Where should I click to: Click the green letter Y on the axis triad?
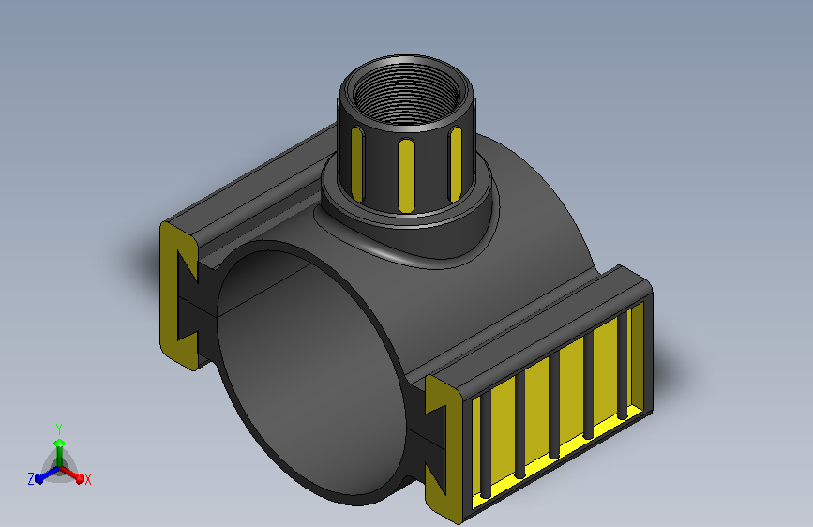pos(59,429)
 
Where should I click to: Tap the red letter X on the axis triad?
pos(87,480)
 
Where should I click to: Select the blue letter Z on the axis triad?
pos(31,479)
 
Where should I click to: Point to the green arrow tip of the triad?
pos(60,444)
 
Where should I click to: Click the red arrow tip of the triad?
pos(80,479)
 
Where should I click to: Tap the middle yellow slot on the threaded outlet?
pos(406,175)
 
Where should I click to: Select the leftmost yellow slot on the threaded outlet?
pos(357,164)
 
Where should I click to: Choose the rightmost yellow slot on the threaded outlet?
pos(455,164)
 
